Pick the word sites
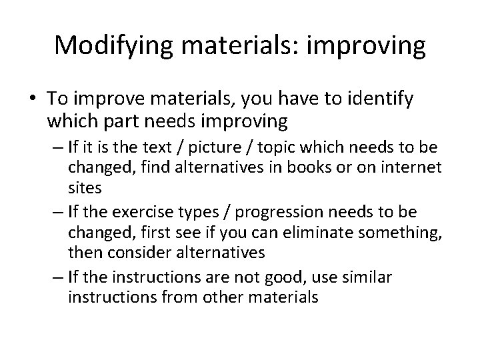(85, 188)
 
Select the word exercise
(136, 212)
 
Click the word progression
(257, 212)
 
